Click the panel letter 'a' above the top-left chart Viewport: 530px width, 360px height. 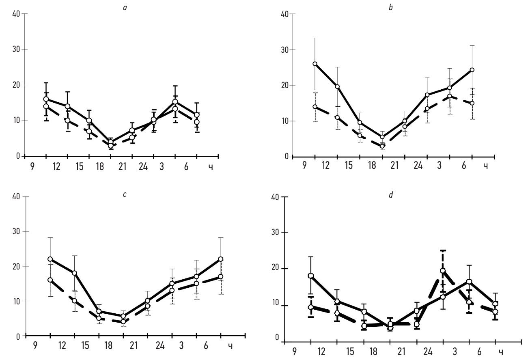click(125, 7)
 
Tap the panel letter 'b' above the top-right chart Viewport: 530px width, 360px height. click(391, 7)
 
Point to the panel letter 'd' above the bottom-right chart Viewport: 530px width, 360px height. click(391, 195)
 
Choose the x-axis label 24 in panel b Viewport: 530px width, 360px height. click(417, 167)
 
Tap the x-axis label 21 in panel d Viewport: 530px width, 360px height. click(401, 351)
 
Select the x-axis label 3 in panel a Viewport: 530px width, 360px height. click(162, 167)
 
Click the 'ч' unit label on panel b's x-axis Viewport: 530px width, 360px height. click(485, 167)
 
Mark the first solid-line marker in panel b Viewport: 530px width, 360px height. click(315, 64)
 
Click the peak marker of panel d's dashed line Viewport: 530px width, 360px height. click(443, 271)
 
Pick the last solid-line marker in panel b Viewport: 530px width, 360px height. click(472, 70)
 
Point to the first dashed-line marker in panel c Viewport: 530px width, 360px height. click(50, 280)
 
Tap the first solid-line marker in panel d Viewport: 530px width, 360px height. click(311, 276)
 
